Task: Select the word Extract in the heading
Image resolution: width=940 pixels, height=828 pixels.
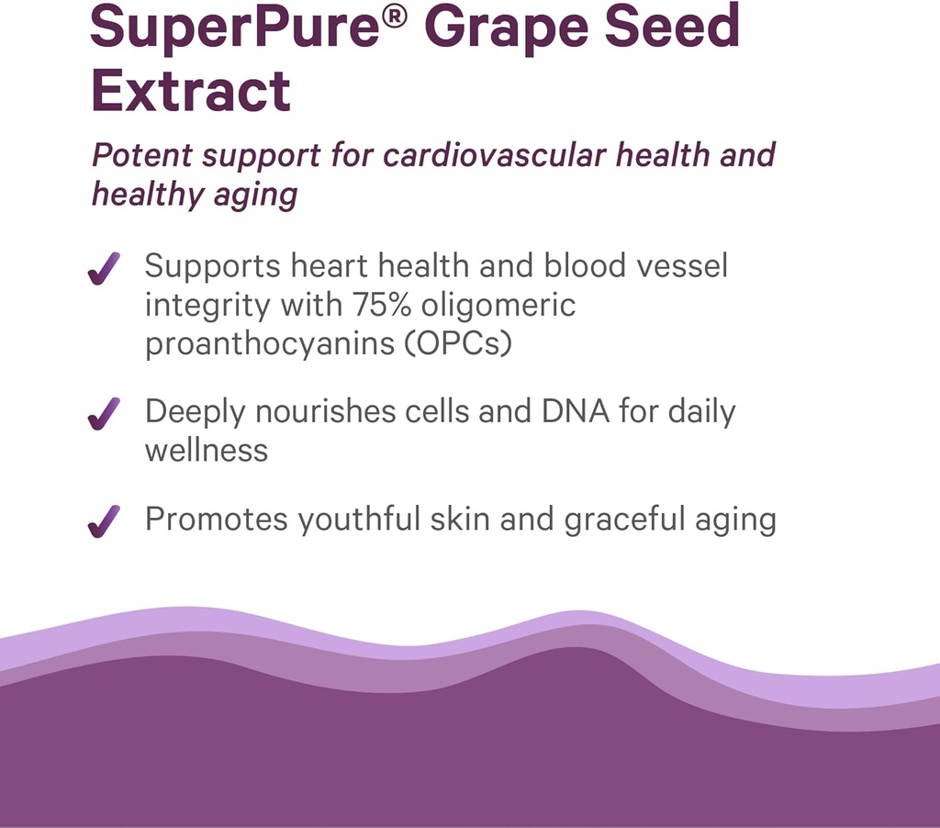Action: [191, 90]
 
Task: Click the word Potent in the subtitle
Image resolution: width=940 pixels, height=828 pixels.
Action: [142, 154]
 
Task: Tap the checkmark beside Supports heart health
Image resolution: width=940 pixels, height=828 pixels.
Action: [104, 270]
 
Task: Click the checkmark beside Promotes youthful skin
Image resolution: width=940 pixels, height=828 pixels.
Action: [104, 521]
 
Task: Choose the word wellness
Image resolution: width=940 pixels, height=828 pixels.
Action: [207, 450]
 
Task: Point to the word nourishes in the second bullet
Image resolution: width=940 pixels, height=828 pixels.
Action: [326, 412]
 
